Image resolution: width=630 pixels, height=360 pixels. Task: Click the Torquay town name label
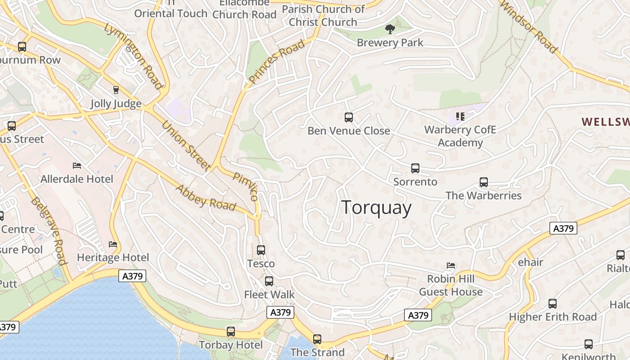pos(377,208)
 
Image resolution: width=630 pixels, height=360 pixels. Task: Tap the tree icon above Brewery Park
pos(390,30)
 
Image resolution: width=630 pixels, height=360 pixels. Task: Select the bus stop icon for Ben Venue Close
pos(348,117)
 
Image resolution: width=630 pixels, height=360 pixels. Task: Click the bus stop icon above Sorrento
pos(415,168)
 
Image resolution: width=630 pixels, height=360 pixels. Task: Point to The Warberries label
pos(483,196)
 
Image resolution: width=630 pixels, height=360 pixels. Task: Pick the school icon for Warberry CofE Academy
pos(460,117)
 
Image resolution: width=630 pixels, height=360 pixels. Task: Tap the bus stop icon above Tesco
pos(261,250)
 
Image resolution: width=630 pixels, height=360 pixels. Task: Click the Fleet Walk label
pos(269,295)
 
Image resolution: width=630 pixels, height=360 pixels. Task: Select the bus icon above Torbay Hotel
pos(230,332)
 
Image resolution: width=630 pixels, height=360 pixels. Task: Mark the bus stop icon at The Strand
pos(317,339)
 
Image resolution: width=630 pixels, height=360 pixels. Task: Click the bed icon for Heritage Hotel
pos(112,244)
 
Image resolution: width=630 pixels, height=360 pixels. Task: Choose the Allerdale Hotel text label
pos(77,179)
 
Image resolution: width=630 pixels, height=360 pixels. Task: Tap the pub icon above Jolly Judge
pos(116,90)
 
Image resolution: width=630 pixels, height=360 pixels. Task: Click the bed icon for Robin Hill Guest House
pos(450,265)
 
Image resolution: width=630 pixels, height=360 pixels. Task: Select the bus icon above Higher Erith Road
pos(552,304)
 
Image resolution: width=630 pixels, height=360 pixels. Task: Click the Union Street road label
pos(186,146)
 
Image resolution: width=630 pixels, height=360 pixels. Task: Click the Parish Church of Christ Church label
pos(323,16)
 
